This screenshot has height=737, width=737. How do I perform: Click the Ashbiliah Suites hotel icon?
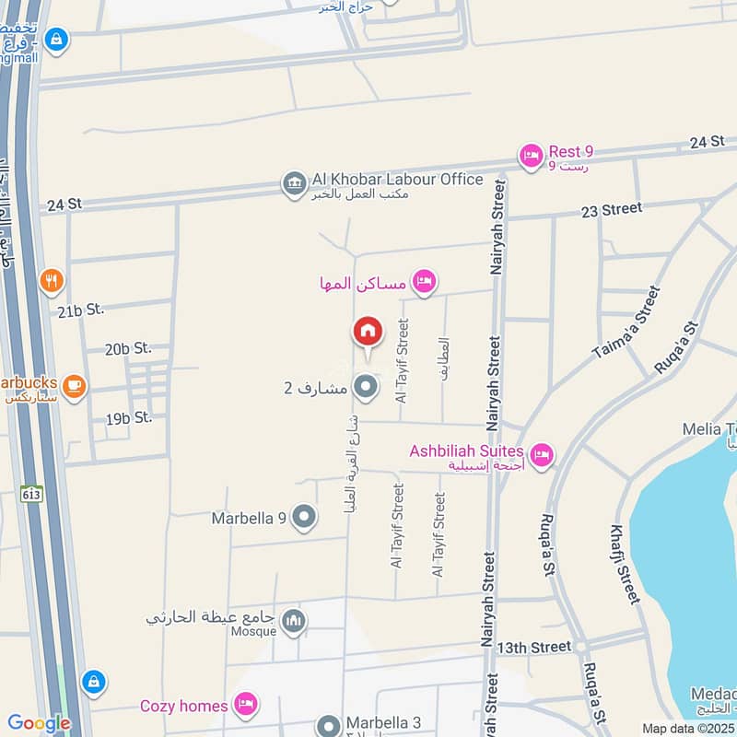pos(542,454)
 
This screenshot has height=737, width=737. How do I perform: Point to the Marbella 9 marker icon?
pos(303,518)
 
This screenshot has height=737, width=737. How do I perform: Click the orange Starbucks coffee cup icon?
pos(75,387)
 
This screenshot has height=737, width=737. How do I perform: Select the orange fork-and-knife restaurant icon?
pos(52,280)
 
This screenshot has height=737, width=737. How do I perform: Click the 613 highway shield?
pos(32,493)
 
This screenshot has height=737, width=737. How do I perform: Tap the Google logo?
pos(38,723)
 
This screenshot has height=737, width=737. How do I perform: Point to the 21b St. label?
pos(80,310)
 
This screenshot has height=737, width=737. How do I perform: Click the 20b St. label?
pos(127,348)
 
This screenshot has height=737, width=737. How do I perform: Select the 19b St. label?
pos(128,418)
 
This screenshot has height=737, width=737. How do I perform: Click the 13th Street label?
pos(534,648)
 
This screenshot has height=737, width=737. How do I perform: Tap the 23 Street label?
pos(612,209)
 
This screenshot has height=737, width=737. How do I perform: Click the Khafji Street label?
pos(625,564)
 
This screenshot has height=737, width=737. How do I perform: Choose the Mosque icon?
pos(293,622)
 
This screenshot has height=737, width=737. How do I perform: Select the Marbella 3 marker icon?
pos(329,724)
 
